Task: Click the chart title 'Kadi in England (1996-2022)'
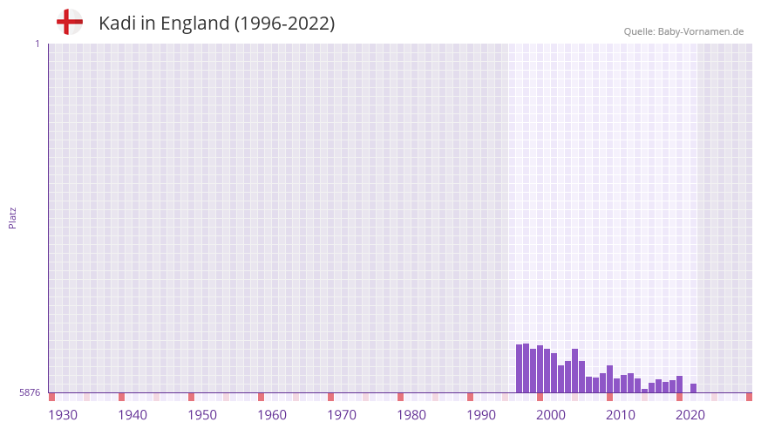tap(216, 24)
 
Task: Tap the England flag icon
tap(70, 22)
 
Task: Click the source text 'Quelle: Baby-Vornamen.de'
tap(683, 31)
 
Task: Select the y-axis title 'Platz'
tap(12, 218)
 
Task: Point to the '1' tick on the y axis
tap(37, 44)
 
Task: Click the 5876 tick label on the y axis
tap(30, 393)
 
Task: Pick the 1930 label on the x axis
tap(63, 415)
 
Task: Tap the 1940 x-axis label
tap(132, 415)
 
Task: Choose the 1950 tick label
tap(202, 415)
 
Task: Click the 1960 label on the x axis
tap(272, 415)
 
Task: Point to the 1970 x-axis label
tap(342, 415)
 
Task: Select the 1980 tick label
tap(411, 415)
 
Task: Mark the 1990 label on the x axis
tap(481, 415)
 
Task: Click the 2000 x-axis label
tap(551, 415)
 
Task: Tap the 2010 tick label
tap(621, 415)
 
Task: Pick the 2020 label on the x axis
tap(690, 415)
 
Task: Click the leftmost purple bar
tap(520, 369)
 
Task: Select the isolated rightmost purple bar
tap(694, 388)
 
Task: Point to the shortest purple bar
tap(645, 391)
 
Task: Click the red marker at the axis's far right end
tap(749, 397)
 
